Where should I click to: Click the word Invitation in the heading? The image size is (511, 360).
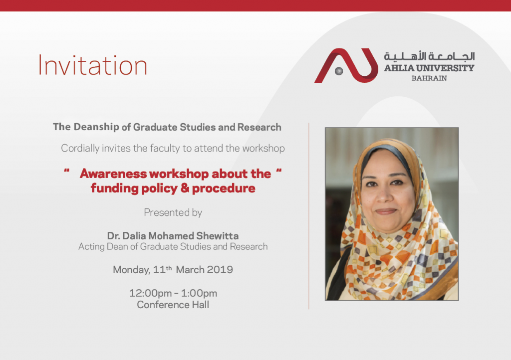point(93,65)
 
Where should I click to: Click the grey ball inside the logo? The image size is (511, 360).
point(339,71)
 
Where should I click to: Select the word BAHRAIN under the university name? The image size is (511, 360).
point(429,78)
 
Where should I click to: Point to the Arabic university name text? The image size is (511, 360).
point(429,56)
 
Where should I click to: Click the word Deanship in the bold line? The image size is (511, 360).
point(96,127)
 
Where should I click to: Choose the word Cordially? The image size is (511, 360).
point(80,149)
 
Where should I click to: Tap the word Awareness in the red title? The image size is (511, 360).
point(113,174)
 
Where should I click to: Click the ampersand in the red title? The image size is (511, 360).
point(185,188)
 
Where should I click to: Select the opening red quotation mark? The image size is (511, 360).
point(67,171)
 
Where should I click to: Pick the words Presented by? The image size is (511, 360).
point(173,212)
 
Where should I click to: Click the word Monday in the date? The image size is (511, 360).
point(131,270)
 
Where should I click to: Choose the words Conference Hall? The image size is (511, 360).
point(173,305)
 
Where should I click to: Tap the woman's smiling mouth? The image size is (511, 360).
point(386,211)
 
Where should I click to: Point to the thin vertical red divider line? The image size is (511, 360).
point(308,216)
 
